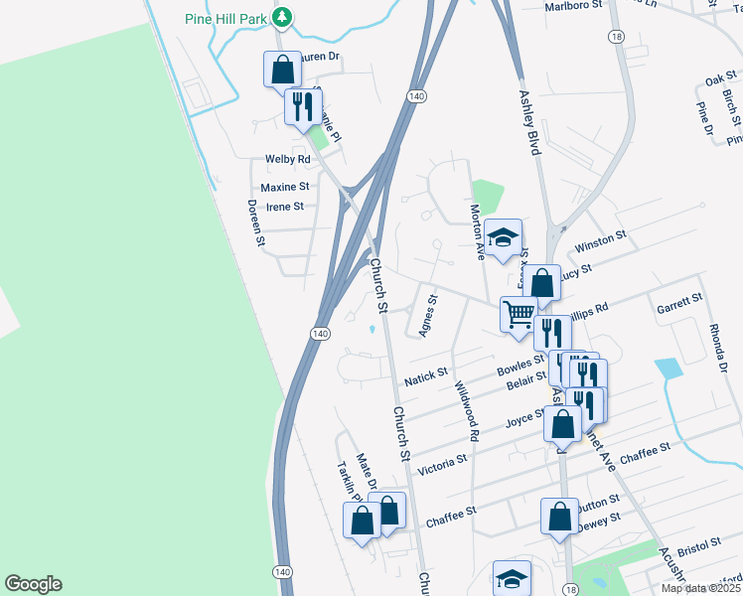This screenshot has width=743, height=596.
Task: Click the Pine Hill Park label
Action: tap(226, 18)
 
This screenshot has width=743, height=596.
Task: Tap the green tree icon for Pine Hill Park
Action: tap(283, 18)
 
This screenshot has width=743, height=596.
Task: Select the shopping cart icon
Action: tap(518, 314)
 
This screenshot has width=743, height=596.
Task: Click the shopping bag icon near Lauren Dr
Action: tap(282, 70)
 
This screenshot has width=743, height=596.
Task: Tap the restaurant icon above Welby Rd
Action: tap(302, 106)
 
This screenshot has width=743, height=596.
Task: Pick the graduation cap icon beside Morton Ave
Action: tap(504, 236)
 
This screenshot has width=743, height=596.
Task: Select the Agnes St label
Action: tap(428, 315)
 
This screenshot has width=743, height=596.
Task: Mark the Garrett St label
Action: tap(679, 302)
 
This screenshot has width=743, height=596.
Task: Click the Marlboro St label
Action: tap(575, 6)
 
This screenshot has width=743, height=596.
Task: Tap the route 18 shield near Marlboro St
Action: tap(618, 37)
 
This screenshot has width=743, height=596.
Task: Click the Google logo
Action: tap(33, 584)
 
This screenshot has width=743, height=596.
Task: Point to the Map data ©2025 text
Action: tap(700, 588)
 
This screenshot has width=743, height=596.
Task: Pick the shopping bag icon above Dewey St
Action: tap(559, 516)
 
